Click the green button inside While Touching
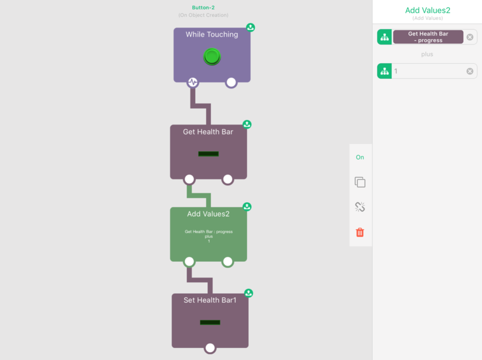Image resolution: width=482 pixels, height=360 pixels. [212, 57]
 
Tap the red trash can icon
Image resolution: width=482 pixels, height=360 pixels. [360, 232]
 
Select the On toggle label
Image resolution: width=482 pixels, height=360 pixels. [360, 157]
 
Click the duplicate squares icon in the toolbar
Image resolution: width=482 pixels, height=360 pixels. [360, 182]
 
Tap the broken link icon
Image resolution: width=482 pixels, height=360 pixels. [360, 206]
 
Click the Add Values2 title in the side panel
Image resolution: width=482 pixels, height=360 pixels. [428, 10]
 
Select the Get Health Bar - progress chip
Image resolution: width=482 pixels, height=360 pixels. [428, 37]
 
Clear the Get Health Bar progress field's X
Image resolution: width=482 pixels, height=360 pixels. [470, 37]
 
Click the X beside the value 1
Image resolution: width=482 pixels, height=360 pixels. [470, 71]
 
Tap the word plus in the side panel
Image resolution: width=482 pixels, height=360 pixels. [427, 54]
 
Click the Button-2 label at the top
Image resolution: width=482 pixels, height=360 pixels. [203, 8]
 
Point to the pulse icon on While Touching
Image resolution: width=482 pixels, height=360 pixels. [193, 82]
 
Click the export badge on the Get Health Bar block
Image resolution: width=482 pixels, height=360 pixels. [247, 124]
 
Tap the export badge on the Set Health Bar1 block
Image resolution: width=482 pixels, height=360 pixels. [249, 293]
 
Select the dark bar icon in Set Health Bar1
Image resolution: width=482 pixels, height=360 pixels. [210, 322]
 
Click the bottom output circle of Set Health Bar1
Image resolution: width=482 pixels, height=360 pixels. [210, 348]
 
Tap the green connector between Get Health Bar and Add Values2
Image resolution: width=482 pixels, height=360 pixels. [199, 196]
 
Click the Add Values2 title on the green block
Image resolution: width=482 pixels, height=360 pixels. [208, 214]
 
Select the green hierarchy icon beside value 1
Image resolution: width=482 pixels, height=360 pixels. [384, 71]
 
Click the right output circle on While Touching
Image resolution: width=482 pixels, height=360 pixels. [231, 82]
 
